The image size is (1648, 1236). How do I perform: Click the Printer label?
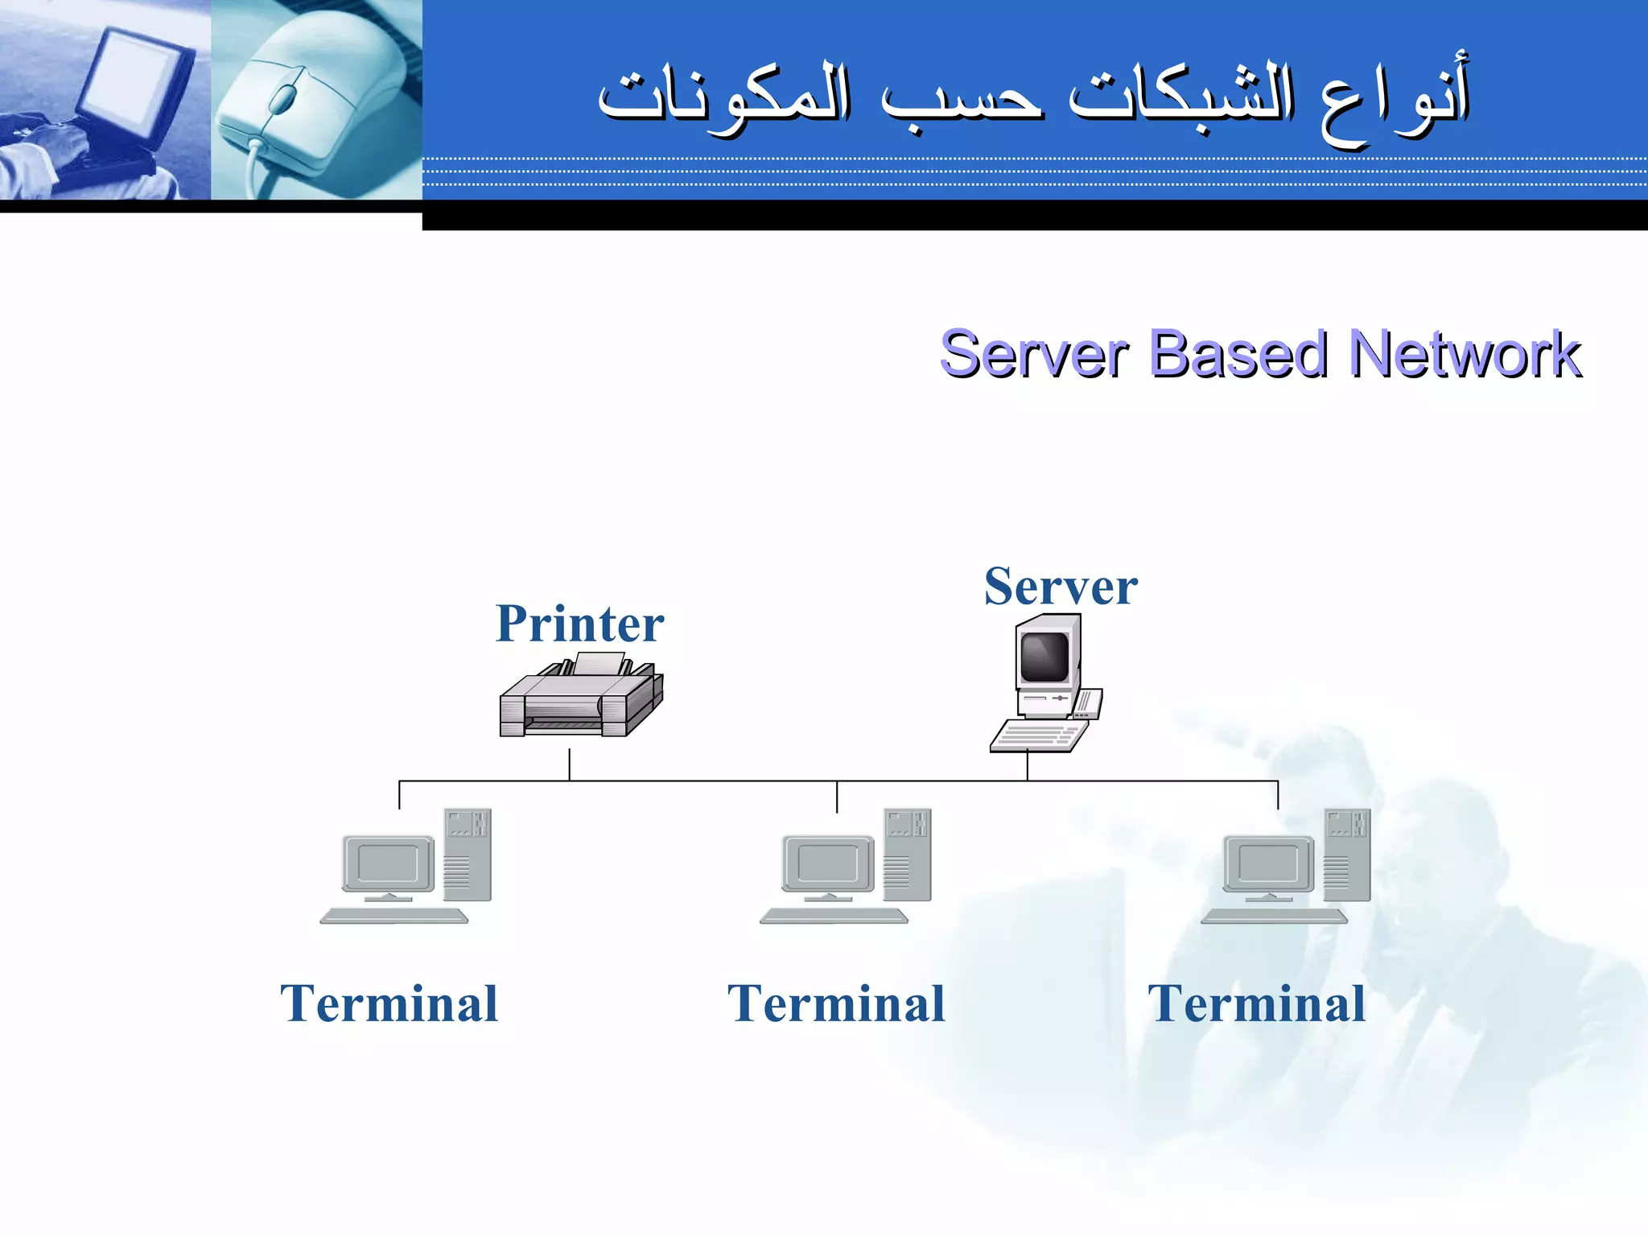579,624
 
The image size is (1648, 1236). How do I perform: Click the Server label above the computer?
1061,587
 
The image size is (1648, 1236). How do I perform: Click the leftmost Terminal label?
389,1004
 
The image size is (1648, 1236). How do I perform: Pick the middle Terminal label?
836,1004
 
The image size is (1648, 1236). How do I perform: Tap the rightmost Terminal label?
1256,1004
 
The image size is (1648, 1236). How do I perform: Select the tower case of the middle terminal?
908,855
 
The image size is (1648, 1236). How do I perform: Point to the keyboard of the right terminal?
1274,917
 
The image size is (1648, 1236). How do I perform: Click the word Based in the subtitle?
1237,354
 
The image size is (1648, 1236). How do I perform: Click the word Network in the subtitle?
1465,354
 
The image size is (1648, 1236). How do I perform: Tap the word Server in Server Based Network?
1034,354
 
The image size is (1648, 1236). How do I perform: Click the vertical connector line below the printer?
570,764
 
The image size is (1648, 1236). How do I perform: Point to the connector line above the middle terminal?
837,797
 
